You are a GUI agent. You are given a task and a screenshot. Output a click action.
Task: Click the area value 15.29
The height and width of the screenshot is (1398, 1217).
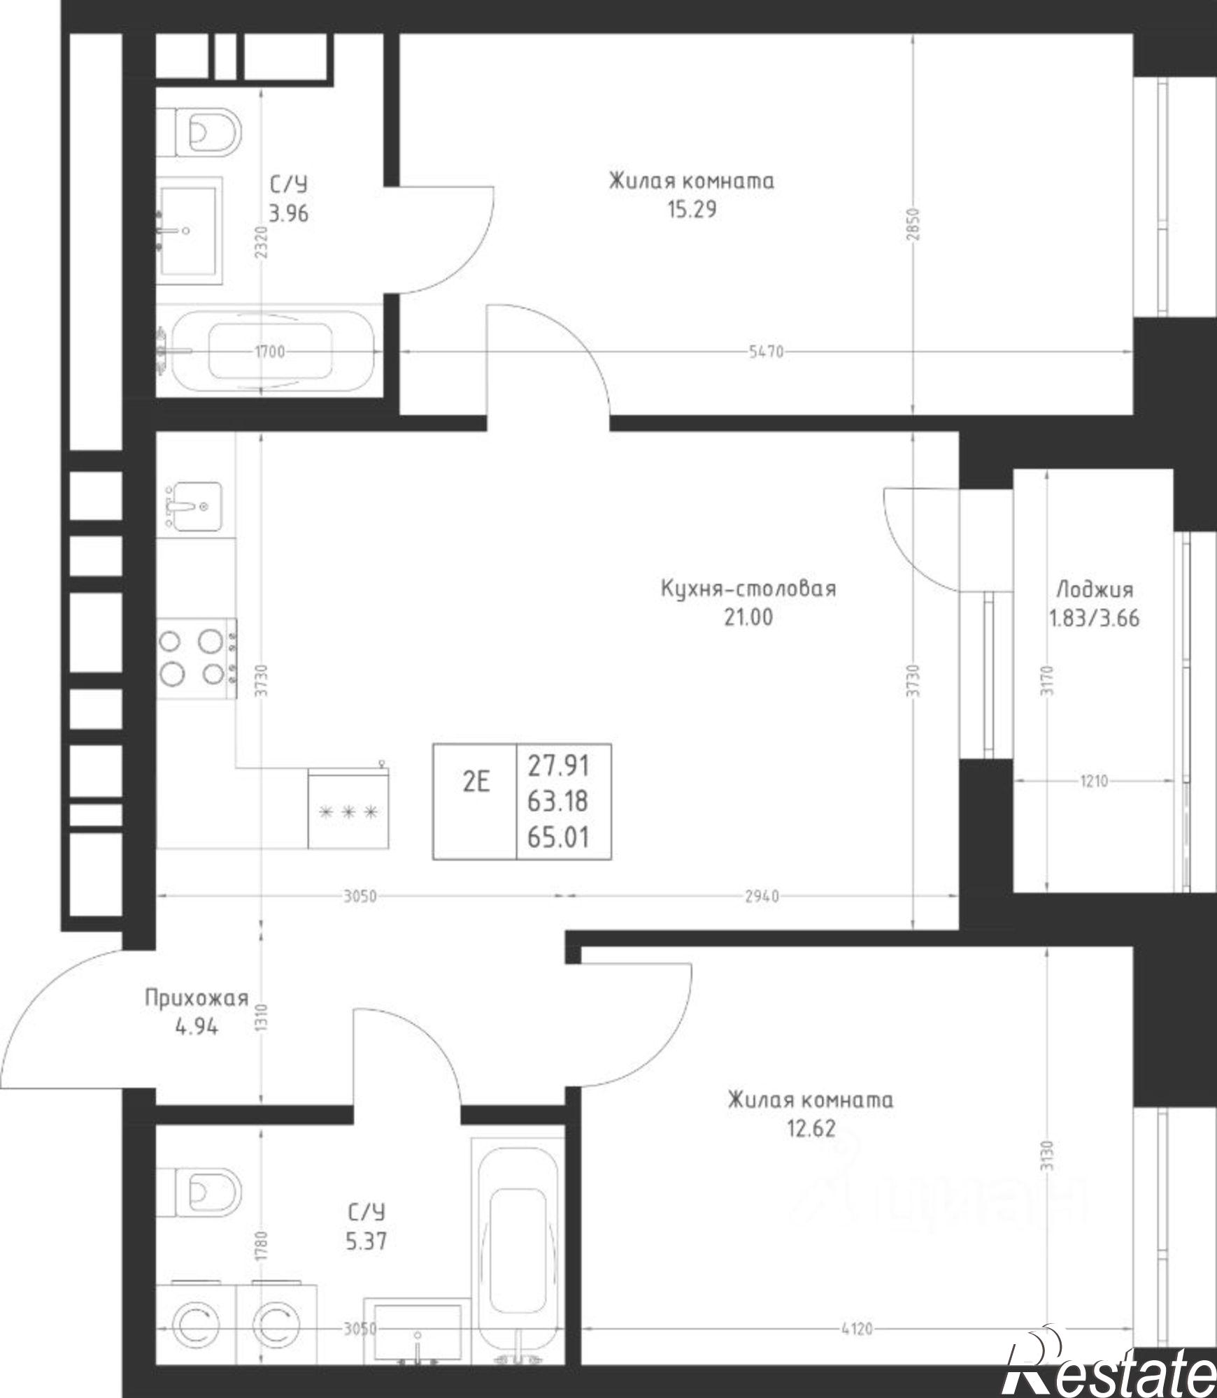(692, 210)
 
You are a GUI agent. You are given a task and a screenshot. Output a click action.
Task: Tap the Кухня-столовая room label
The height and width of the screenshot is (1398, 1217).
(748, 589)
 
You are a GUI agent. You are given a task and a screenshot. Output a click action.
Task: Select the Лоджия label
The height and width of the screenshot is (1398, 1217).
(1094, 590)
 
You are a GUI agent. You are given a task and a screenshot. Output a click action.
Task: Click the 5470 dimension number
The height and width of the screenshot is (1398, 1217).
(766, 352)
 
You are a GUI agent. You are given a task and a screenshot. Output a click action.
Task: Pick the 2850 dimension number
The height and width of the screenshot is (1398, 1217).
(916, 224)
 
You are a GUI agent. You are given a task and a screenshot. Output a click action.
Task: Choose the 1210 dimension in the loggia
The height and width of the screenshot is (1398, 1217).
(1093, 781)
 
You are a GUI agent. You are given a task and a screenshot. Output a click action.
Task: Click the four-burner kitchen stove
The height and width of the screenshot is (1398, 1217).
(197, 658)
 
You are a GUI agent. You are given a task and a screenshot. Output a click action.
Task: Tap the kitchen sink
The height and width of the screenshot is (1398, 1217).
(189, 507)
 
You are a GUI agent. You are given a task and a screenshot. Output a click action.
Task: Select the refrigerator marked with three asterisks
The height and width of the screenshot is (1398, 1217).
(348, 809)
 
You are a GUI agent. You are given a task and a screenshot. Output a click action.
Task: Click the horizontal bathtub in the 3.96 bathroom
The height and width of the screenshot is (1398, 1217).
(269, 352)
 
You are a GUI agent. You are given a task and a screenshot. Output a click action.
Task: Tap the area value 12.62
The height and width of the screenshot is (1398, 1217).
(811, 1128)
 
